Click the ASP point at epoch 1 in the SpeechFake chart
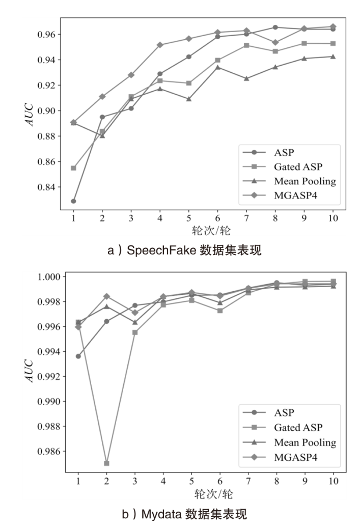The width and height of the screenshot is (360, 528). click(x=73, y=201)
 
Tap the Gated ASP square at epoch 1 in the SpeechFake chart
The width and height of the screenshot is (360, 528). click(x=73, y=168)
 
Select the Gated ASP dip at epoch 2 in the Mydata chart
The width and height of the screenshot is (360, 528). click(x=106, y=463)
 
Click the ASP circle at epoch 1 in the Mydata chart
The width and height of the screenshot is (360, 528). click(x=78, y=356)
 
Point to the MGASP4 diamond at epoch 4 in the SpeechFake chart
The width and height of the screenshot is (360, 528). click(x=160, y=45)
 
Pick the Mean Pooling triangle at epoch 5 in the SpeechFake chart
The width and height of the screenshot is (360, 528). click(x=188, y=99)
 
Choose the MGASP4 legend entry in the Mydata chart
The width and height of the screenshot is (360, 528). click(x=295, y=457)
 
